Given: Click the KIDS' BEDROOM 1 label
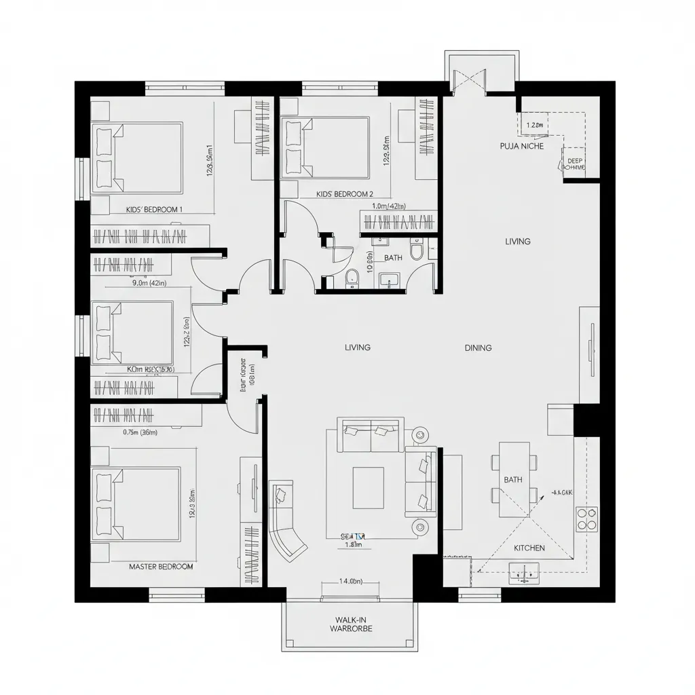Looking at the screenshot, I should (x=154, y=210).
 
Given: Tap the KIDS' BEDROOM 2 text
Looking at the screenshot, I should (x=345, y=193).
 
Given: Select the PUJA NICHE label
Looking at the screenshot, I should (x=521, y=146).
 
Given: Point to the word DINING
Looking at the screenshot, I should (x=478, y=347).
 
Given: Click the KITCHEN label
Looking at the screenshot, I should (x=529, y=548).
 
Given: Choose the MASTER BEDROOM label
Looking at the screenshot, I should (x=161, y=566).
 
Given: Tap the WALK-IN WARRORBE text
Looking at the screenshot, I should (x=351, y=624).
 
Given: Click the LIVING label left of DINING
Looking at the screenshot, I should (x=358, y=347).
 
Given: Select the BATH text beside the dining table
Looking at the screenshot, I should (x=513, y=480).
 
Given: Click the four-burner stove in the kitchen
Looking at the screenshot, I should (x=586, y=519).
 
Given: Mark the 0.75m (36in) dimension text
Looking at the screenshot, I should (x=140, y=432).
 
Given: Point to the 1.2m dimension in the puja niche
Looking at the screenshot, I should (x=536, y=125).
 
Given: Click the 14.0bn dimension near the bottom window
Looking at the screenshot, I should (x=351, y=581).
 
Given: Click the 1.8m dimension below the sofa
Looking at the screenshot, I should (x=354, y=544).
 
